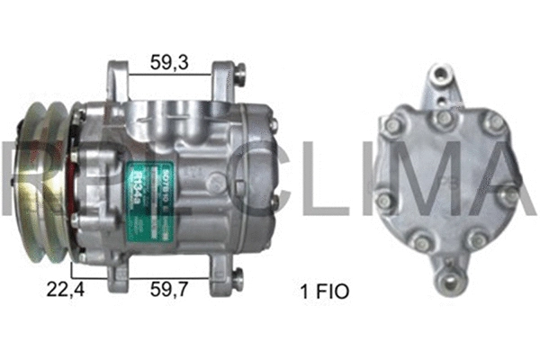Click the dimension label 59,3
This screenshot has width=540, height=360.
(x=170, y=63)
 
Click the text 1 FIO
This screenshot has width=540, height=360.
(x=323, y=291)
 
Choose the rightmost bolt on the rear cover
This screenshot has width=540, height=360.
(x=511, y=193)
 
